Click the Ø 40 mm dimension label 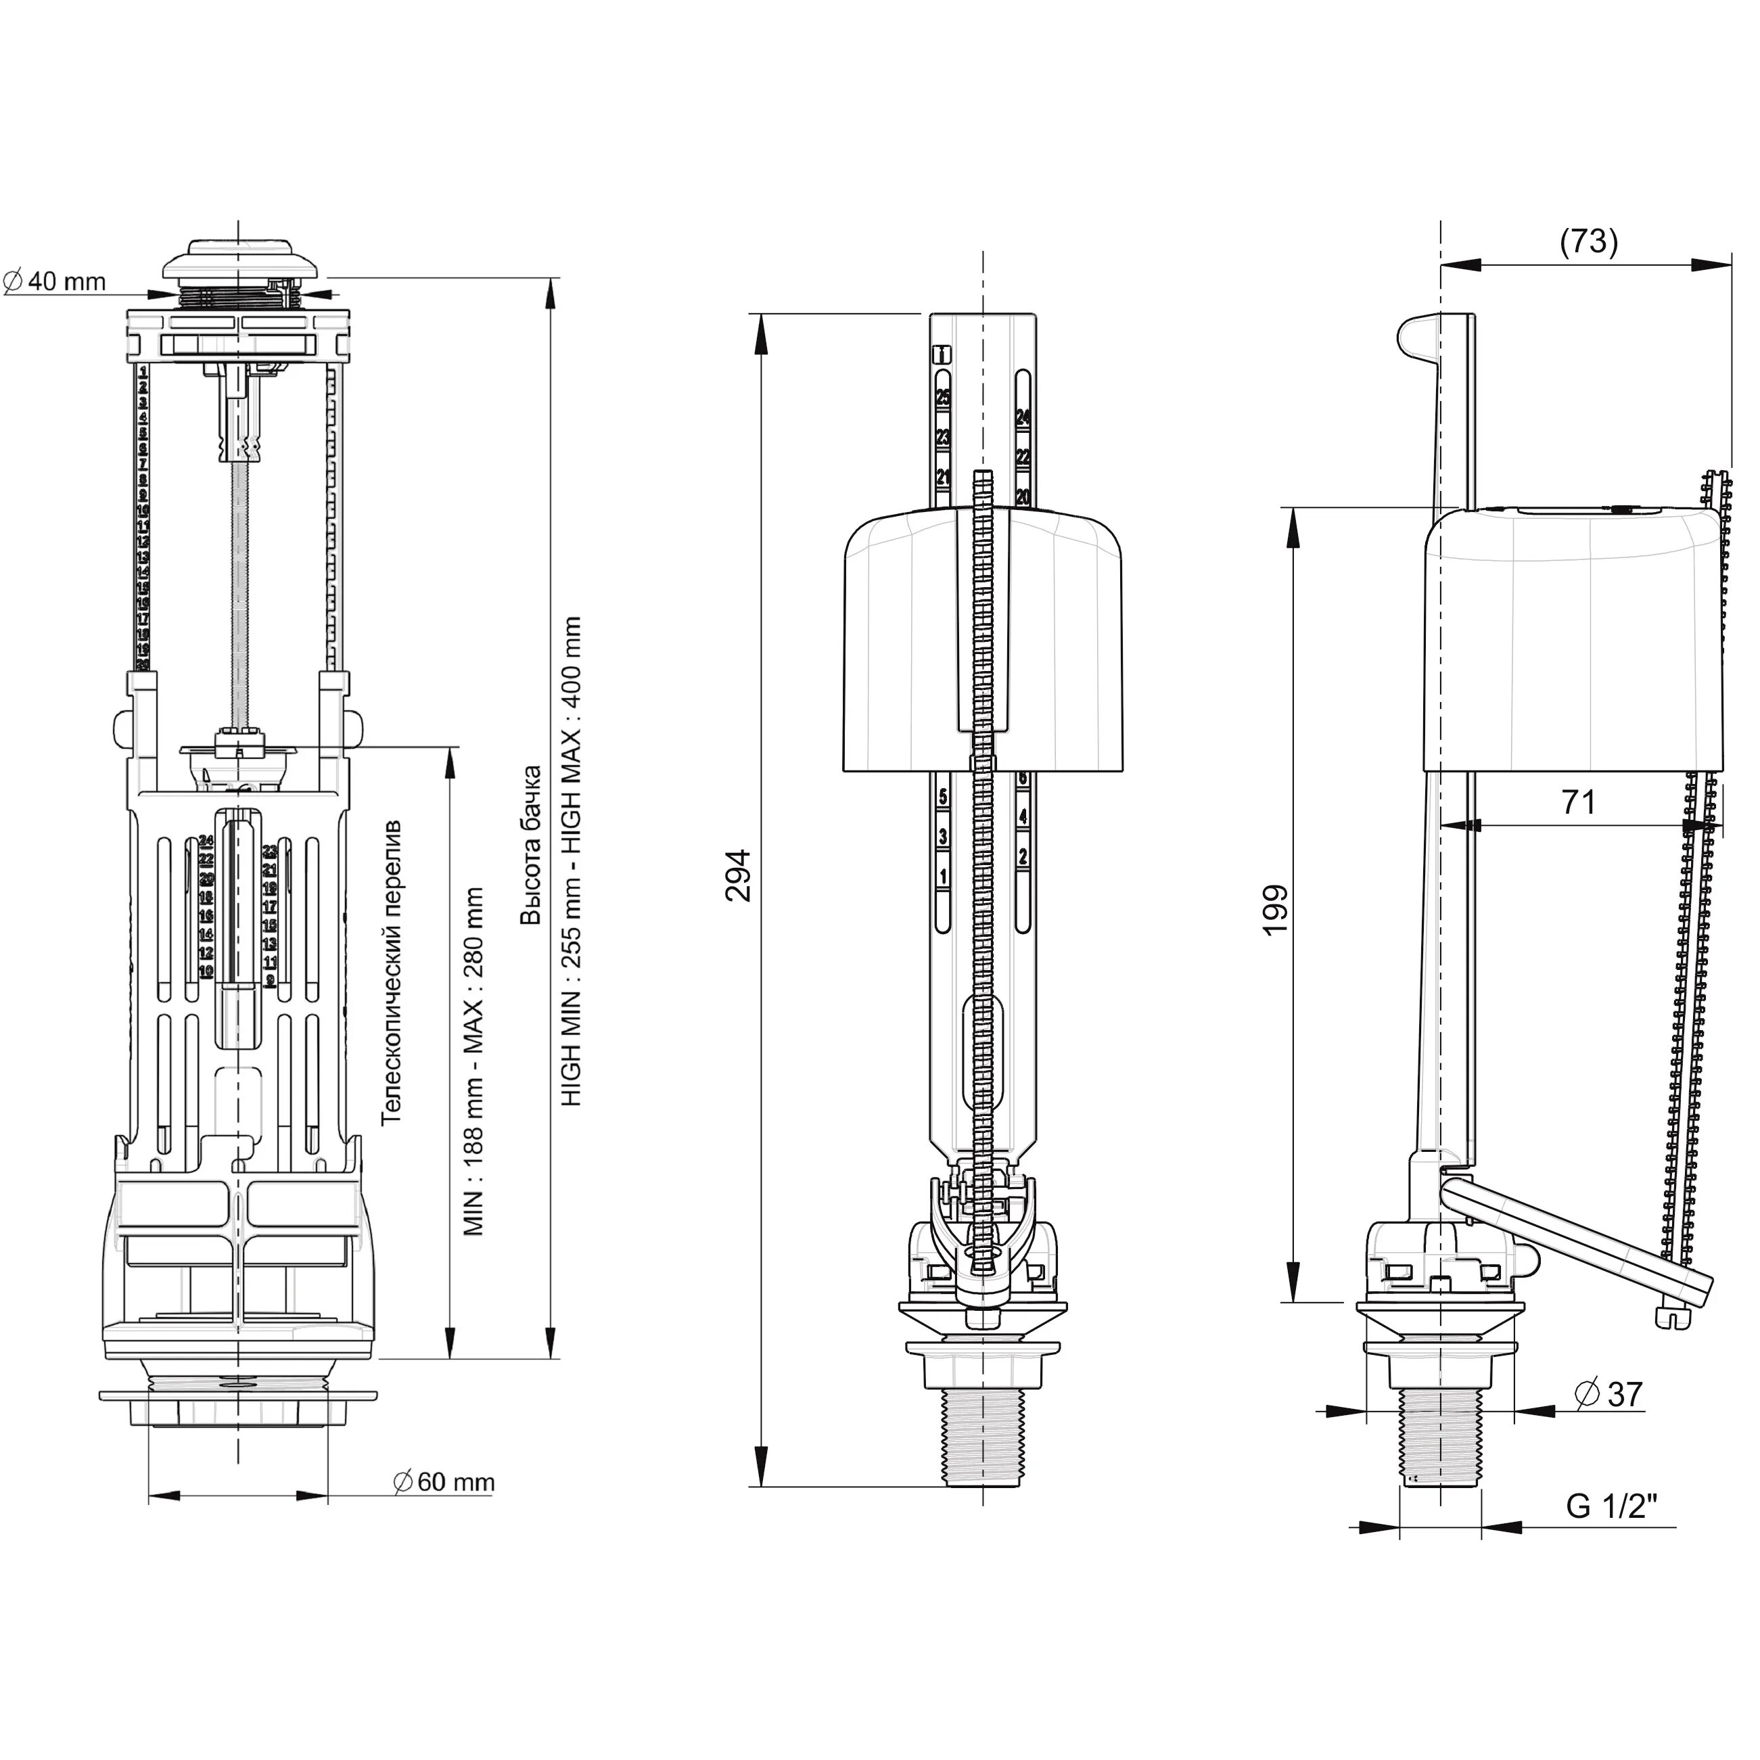55,281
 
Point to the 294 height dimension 738,875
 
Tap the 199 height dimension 1276,908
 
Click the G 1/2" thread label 1610,1507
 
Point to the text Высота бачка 530,846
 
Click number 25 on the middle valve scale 943,397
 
